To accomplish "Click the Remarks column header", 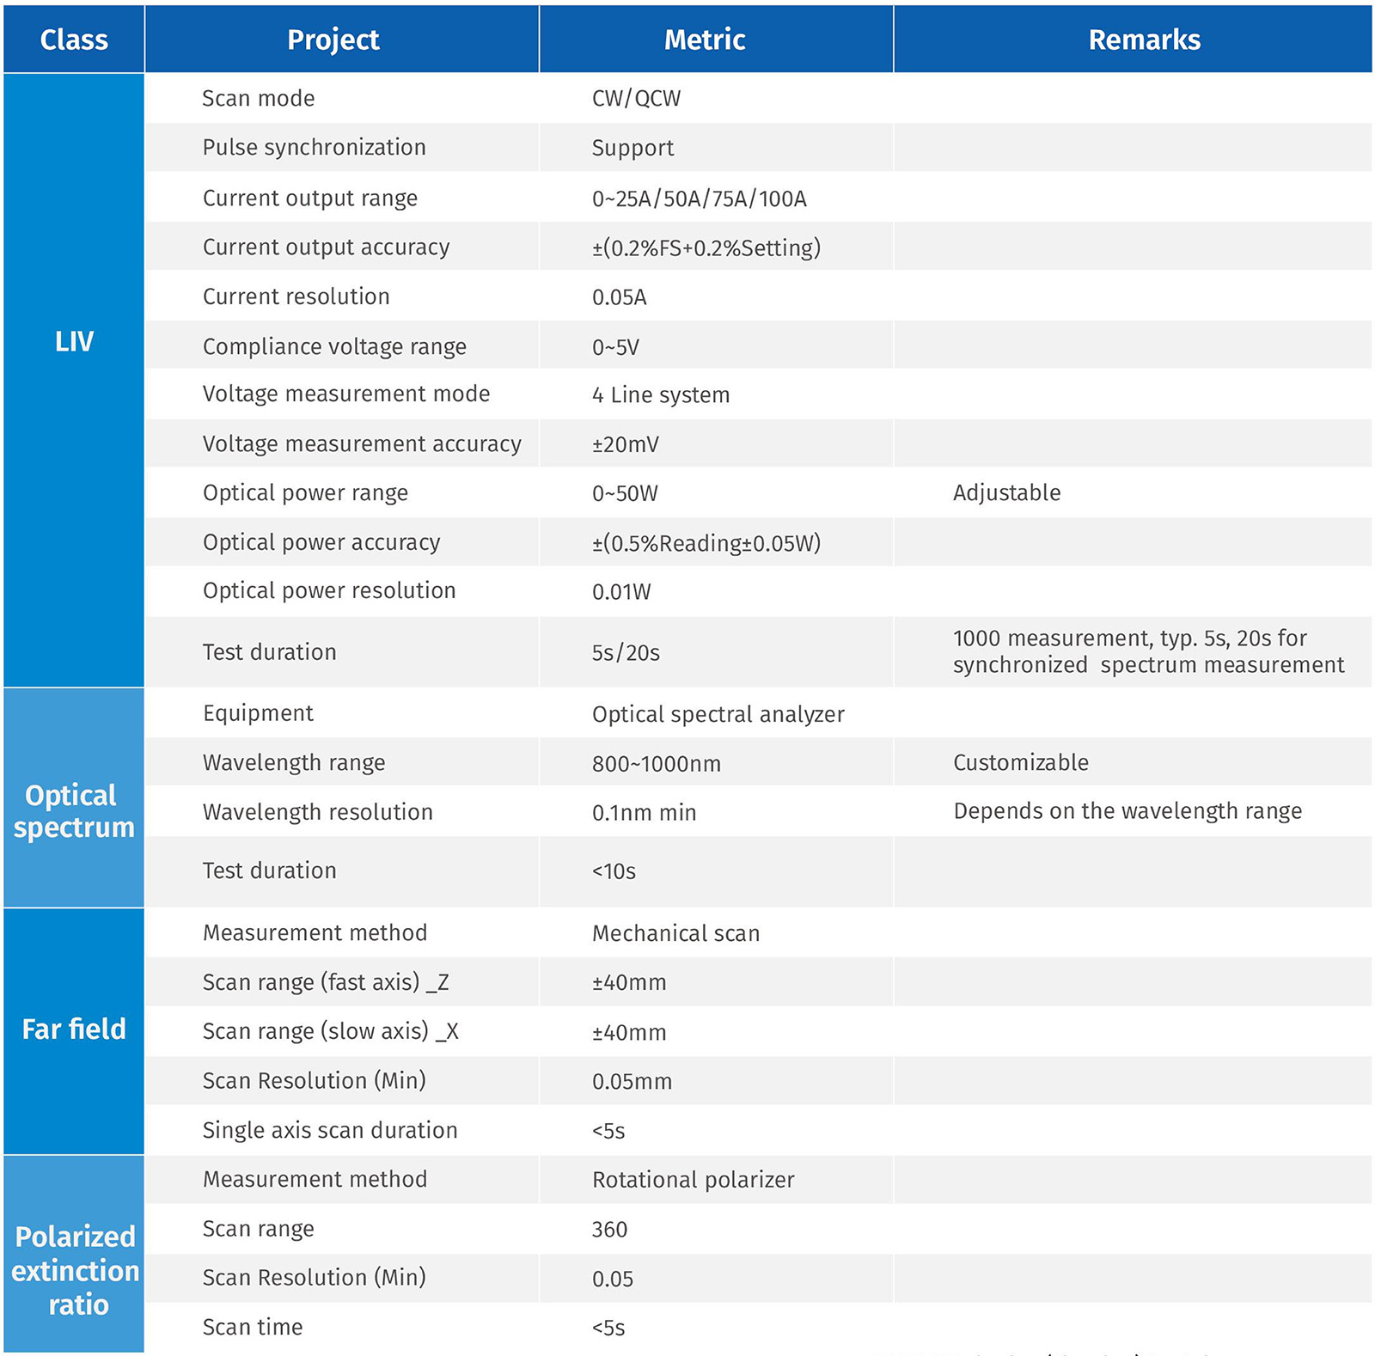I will pos(1144,40).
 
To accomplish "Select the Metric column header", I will pos(705,40).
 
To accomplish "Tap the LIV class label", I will pos(74,341).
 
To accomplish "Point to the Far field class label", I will pos(74,1029).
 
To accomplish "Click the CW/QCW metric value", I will pos(636,98).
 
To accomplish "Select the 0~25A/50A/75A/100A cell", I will pos(699,199).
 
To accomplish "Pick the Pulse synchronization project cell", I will pos(314,147).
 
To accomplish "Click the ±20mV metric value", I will pos(625,444).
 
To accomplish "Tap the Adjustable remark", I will pos(1006,492).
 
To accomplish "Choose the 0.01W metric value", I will pos(621,591).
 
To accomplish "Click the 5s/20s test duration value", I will pos(626,652).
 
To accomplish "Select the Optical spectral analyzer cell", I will pos(718,714).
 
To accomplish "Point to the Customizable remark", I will pos(1020,762).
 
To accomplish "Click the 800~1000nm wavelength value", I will pos(656,763).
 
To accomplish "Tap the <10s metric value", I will pos(614,871).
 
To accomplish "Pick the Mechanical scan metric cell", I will pos(675,933).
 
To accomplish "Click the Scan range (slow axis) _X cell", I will pos(330,1031).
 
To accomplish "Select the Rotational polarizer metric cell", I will pos(693,1180).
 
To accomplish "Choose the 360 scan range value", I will pos(609,1230).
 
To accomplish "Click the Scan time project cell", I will pos(253,1327).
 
